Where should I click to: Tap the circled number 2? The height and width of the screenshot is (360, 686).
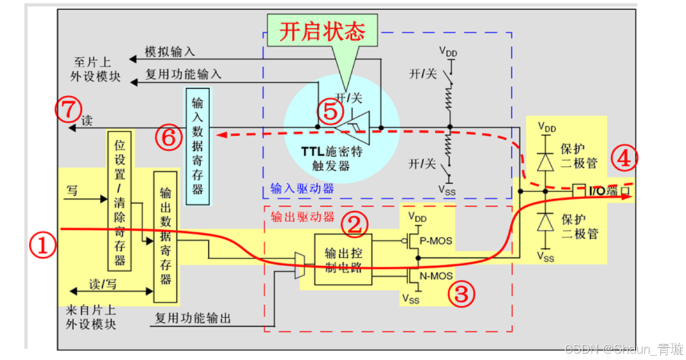point(354,223)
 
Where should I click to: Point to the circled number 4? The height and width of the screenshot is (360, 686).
point(625,159)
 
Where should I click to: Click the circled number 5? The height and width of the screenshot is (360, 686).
point(330,112)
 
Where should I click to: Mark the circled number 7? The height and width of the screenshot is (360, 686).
point(68,109)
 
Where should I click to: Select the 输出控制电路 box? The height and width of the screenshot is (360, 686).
point(342,259)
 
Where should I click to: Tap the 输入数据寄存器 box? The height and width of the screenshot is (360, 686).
point(197,146)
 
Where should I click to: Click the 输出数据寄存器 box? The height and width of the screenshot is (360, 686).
point(165,236)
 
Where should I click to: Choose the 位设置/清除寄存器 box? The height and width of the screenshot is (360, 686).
point(119,201)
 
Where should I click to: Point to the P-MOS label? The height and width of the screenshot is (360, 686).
point(439,241)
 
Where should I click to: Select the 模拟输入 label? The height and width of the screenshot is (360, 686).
point(169,52)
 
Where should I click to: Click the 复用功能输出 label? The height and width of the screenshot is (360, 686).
point(192,318)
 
